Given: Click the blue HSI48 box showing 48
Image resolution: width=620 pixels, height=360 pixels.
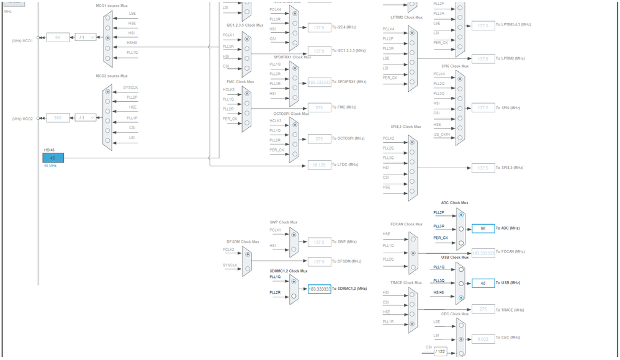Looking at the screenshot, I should pos(53,158).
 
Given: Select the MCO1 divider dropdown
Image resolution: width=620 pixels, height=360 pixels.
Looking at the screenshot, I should pos(86,37).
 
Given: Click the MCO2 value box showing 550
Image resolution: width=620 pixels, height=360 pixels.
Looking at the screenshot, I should pos(58,118).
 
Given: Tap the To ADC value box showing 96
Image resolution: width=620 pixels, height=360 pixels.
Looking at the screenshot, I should pos(483,228).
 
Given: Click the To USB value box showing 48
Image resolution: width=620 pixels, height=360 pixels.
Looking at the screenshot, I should pos(483,283).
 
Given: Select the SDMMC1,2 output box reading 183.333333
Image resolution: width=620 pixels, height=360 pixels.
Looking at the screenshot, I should pos(319,289).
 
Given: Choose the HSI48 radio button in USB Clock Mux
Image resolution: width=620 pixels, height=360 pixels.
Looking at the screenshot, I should pos(461,297).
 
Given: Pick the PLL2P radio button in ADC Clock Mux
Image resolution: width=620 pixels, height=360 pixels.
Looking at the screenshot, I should pos(461,215).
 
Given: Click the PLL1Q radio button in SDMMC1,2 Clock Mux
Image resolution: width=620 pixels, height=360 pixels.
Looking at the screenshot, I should pos(294,281).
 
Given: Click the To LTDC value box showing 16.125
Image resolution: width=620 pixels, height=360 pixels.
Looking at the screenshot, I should pos(319,164).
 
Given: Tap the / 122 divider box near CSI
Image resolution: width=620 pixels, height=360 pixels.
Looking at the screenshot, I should pos(440,351).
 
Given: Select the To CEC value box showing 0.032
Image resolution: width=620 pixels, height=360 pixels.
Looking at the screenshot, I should pos(483,338).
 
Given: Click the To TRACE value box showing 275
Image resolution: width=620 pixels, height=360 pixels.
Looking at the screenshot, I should pos(483,309).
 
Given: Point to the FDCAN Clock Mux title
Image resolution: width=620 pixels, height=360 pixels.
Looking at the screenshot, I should pos(407,225).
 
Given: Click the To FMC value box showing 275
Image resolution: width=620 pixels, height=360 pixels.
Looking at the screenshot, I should pos(319,108).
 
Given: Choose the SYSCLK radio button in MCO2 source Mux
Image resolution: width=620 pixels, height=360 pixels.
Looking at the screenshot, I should pos(108,91).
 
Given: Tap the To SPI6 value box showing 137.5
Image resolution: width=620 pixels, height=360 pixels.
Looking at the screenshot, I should pos(483,108).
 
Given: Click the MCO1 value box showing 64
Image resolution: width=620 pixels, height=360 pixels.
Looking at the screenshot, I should pos(58,37).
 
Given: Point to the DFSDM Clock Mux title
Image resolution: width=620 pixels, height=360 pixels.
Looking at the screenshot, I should pos(243,241).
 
